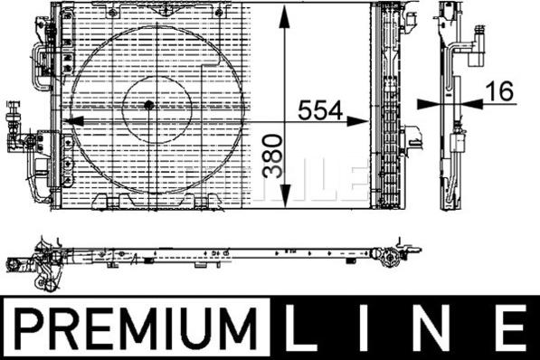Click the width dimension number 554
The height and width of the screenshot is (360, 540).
coord(320,110)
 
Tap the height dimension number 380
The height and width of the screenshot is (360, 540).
coord(272,156)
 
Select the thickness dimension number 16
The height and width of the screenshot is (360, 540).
coord(499,91)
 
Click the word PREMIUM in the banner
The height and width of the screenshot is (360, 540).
coord(137,328)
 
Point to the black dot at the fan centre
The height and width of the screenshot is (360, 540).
coord(148,105)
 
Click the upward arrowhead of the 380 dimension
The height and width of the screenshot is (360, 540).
coord(285,17)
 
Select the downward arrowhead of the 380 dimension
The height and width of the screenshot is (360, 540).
coord(285,195)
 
